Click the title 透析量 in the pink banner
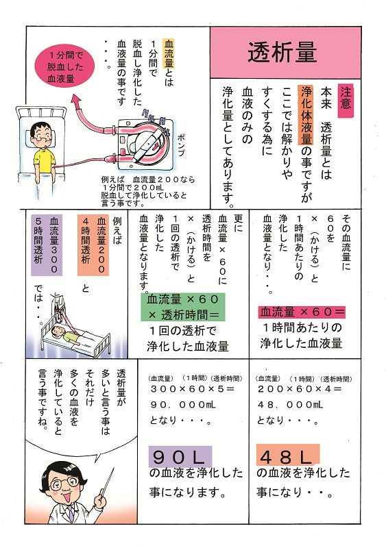[x=281, y=52]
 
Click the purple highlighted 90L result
[x=180, y=456]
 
